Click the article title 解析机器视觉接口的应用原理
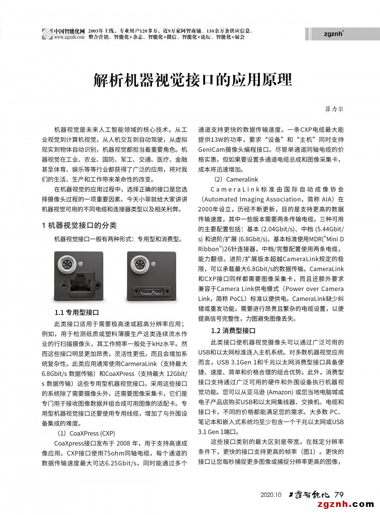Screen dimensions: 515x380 click(x=192, y=80)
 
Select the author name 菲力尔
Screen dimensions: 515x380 click(x=334, y=109)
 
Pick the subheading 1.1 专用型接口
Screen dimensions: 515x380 click(x=76, y=312)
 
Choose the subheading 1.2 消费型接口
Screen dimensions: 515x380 click(x=233, y=330)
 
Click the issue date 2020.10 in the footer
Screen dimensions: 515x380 click(x=271, y=495)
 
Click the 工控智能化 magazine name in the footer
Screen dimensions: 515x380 click(x=310, y=495)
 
